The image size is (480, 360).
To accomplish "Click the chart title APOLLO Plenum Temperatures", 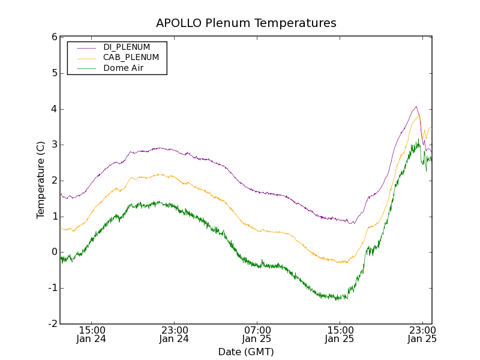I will pyautogui.click(x=246, y=23).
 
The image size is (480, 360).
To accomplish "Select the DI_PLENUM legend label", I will pyautogui.click(x=127, y=47).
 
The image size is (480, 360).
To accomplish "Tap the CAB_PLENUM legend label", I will pyautogui.click(x=131, y=58).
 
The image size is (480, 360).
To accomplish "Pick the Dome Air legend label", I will pyautogui.click(x=123, y=68).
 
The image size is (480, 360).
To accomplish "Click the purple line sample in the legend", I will pyautogui.click(x=85, y=47).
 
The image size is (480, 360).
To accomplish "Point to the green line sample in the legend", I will pyautogui.click(x=85, y=68).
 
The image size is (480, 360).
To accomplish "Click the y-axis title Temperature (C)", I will pyautogui.click(x=41, y=180).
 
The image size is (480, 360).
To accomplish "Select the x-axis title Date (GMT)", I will pyautogui.click(x=246, y=352).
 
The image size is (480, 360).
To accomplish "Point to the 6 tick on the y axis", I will pyautogui.click(x=54, y=37).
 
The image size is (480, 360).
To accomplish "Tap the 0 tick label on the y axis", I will pyautogui.click(x=54, y=252).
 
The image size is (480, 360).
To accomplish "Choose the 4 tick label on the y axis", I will pyautogui.click(x=54, y=109).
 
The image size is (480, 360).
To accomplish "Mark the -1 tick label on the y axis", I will pyautogui.click(x=52, y=288).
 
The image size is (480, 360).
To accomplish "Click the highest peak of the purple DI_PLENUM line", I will pyautogui.click(x=416, y=107).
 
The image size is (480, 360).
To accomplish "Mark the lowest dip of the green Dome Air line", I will pyautogui.click(x=338, y=299).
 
